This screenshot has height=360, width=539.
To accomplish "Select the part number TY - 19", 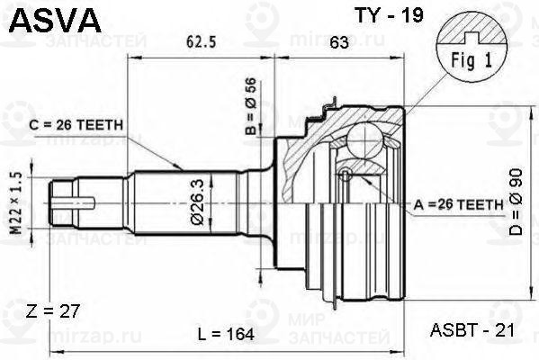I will (x=375, y=15).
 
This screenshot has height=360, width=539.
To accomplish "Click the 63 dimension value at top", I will (x=340, y=40).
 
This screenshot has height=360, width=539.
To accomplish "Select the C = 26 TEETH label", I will (x=76, y=126).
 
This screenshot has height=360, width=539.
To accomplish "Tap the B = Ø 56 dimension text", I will (x=253, y=103).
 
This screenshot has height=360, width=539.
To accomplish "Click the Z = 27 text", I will (x=54, y=310).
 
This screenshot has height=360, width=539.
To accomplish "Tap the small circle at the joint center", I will (x=345, y=174).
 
